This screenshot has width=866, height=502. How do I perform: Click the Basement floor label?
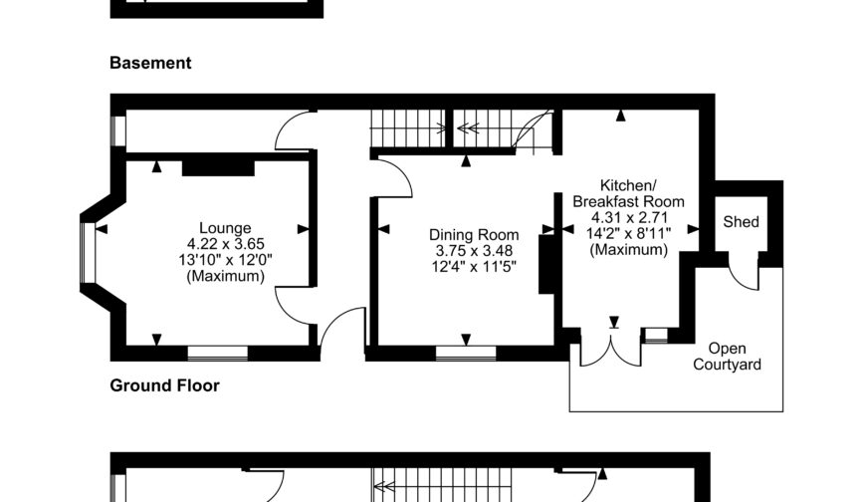tap(149, 63)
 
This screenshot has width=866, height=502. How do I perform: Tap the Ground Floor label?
tap(164, 385)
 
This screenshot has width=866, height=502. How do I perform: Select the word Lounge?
tap(225, 228)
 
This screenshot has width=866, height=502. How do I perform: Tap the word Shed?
tap(741, 221)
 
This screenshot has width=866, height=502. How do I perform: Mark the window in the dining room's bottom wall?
tap(465, 352)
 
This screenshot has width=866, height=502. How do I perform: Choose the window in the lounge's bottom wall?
tap(217, 352)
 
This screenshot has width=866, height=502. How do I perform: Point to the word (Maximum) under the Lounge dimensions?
tap(225, 277)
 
